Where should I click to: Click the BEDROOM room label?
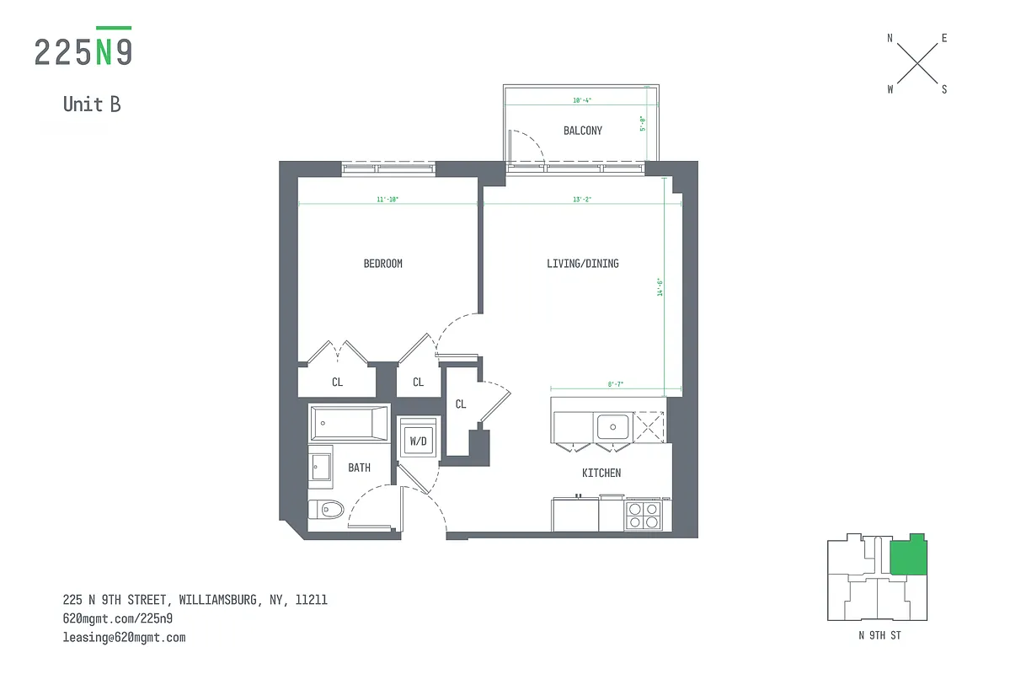pyautogui.click(x=382, y=264)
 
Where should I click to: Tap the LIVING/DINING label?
pyautogui.click(x=582, y=264)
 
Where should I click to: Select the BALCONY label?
pyautogui.click(x=583, y=131)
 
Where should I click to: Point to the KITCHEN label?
pyautogui.click(x=601, y=473)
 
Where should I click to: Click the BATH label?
pyautogui.click(x=360, y=468)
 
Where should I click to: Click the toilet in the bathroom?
pyautogui.click(x=327, y=509)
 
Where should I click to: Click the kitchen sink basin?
pyautogui.click(x=614, y=426)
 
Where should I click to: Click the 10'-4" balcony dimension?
pyautogui.click(x=582, y=100)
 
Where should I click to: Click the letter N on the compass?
pyautogui.click(x=890, y=38)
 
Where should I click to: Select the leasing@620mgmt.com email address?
pyautogui.click(x=124, y=638)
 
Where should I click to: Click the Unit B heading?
pyautogui.click(x=92, y=104)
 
